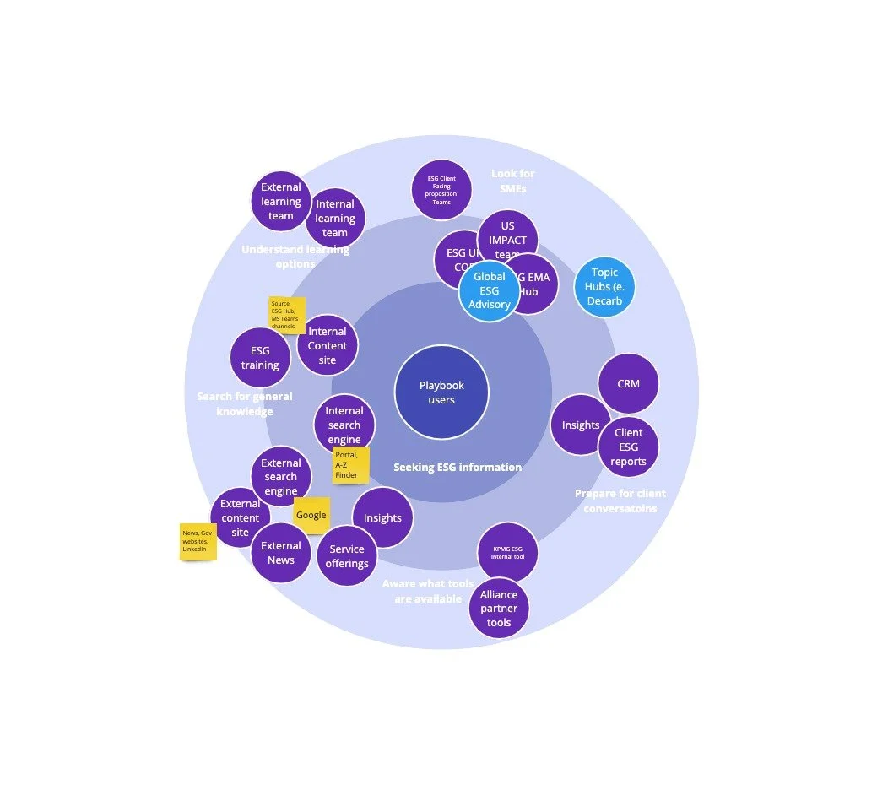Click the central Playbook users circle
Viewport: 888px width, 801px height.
point(441,392)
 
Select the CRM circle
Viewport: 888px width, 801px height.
point(628,384)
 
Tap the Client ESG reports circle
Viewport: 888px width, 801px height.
point(629,447)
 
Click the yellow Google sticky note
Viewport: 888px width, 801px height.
point(311,515)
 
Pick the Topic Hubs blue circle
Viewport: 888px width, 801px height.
point(604,287)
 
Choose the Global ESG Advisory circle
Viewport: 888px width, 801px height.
point(490,290)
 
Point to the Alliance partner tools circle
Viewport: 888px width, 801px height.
point(499,609)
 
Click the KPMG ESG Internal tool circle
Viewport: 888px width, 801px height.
point(508,554)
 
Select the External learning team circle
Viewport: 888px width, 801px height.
point(281,202)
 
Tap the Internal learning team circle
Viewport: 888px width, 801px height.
point(335,218)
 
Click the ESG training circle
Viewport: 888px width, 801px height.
point(260,358)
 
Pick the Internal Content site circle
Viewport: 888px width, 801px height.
point(328,345)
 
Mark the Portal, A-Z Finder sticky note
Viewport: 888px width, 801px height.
point(349,465)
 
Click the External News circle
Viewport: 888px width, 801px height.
point(281,553)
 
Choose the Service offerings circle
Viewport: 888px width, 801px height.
point(347,555)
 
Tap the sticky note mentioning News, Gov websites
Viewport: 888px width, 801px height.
point(198,542)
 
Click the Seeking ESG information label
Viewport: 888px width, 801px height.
point(458,467)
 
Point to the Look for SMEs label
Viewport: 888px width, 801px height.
point(513,181)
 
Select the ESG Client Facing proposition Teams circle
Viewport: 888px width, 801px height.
point(441,190)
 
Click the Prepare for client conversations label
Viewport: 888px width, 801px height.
point(620,501)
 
